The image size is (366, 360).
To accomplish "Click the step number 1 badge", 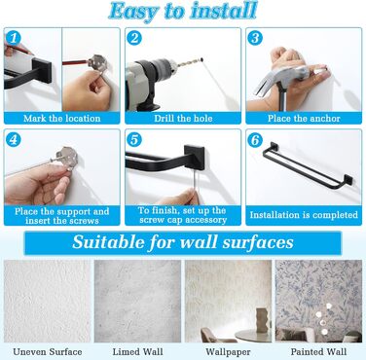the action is point(14,38).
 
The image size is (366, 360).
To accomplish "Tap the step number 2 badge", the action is point(134,38).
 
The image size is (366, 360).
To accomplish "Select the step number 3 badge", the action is point(255,38).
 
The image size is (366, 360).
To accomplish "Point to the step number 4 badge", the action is point(14,140).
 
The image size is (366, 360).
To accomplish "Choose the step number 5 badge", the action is point(134,140).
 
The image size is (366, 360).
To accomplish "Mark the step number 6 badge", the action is point(255,140).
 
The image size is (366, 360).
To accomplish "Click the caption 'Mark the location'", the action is point(62,119).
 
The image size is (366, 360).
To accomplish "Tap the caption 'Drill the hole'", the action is point(183,119).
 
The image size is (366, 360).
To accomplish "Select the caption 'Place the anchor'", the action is point(304,119).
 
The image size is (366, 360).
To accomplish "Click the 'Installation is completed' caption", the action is point(304,215).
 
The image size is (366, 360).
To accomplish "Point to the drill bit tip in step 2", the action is point(201,59).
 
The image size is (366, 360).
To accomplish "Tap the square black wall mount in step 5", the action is point(195,157).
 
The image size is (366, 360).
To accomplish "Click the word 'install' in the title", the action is point(224,11).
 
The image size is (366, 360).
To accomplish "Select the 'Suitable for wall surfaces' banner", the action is point(183,242).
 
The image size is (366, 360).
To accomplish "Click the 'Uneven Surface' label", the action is point(48,352).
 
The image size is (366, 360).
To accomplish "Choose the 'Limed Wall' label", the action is point(137,352).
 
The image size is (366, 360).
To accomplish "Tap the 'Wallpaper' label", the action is point(228,352).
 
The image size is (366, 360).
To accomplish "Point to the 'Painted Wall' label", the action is point(318,352).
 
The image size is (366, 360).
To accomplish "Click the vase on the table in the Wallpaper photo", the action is point(263,319).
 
